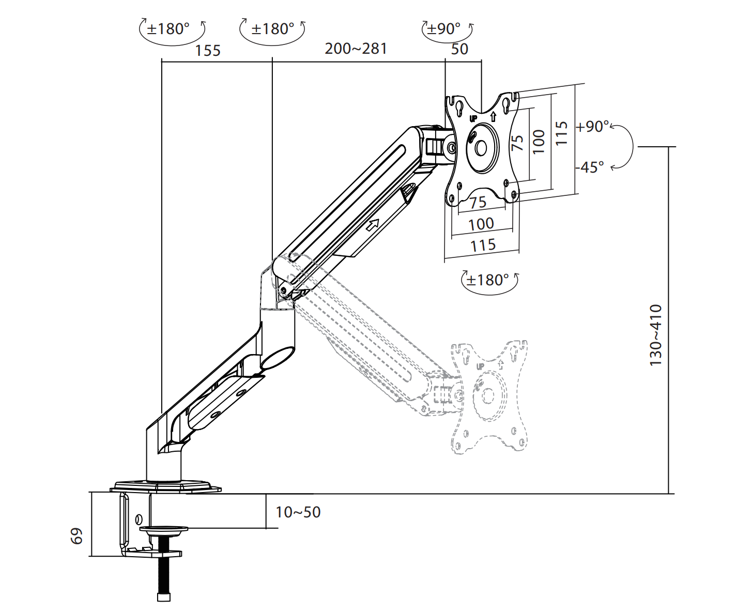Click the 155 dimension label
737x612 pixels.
coord(208,51)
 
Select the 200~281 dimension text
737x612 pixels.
coord(356,49)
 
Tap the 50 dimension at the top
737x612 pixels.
coord(459,50)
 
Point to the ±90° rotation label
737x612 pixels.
coord(443,28)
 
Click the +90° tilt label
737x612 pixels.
coord(593,126)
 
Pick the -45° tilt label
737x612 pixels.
coord(590,167)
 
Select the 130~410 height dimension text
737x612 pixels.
coord(655,335)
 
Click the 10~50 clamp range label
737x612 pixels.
coord(298,512)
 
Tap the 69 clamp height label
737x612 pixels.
coord(76,536)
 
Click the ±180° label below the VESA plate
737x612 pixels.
coord(487,280)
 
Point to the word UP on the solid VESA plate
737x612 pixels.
coord(473,118)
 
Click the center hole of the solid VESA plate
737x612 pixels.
coord(481,148)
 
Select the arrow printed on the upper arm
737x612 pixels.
coord(373,225)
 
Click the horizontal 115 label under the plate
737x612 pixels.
coord(483,246)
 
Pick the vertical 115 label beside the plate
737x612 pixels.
coord(561,133)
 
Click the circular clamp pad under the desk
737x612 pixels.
coord(164,529)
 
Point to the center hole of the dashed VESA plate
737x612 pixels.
coord(488,395)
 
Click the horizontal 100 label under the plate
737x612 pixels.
coord(481,224)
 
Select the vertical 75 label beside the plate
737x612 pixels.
coord(517,143)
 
